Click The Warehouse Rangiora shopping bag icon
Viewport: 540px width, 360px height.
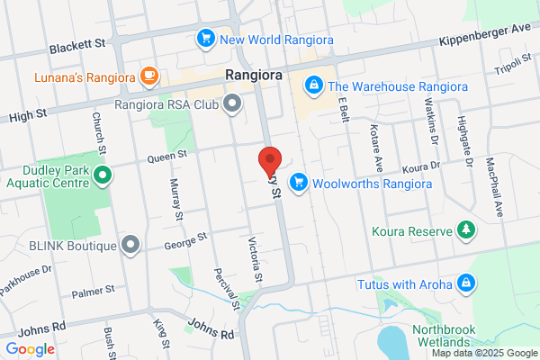point(313,86)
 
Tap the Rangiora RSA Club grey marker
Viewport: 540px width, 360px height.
point(232,103)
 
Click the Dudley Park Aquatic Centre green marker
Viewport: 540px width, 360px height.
point(102,175)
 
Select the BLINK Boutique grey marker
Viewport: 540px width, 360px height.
point(131,245)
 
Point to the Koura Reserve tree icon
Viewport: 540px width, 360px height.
point(465,230)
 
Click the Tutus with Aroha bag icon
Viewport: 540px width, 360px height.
point(465,284)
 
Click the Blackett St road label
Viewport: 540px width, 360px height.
point(78,45)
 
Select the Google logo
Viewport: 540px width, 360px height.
point(31,348)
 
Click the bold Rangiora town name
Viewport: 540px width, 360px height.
point(253,76)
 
